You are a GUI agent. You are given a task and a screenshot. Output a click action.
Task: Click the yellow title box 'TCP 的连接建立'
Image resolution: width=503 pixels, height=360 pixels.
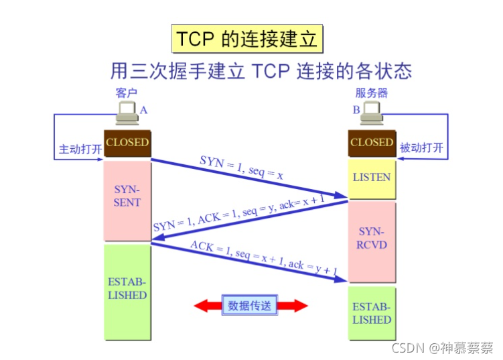click(x=247, y=39)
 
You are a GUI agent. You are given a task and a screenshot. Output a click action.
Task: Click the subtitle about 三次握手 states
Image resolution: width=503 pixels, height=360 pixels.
click(x=261, y=70)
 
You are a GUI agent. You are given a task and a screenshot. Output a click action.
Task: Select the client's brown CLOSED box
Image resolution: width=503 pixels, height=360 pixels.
click(x=127, y=142)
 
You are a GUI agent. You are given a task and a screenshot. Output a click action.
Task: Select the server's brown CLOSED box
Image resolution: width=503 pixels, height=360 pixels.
click(x=372, y=142)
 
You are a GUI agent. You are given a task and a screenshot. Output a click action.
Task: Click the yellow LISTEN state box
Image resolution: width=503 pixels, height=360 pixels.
click(x=372, y=178)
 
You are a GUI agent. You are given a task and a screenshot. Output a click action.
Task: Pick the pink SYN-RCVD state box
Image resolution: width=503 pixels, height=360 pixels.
click(x=372, y=239)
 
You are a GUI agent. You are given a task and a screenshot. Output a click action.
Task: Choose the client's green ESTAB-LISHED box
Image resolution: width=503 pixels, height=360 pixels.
click(x=127, y=290)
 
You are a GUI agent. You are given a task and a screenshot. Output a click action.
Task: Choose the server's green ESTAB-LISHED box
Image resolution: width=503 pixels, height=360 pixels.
click(x=372, y=313)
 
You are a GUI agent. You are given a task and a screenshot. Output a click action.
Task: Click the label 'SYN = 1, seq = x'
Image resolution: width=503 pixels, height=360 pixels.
click(x=242, y=168)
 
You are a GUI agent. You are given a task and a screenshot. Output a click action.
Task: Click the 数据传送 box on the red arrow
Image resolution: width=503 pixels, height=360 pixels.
click(x=250, y=306)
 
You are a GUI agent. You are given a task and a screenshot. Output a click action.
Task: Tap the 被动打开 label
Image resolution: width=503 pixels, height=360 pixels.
click(x=421, y=148)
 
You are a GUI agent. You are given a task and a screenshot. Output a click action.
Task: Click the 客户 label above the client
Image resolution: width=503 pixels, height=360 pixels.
click(x=127, y=93)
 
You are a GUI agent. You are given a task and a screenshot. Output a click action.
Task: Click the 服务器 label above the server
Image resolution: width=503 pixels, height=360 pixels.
click(x=372, y=93)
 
